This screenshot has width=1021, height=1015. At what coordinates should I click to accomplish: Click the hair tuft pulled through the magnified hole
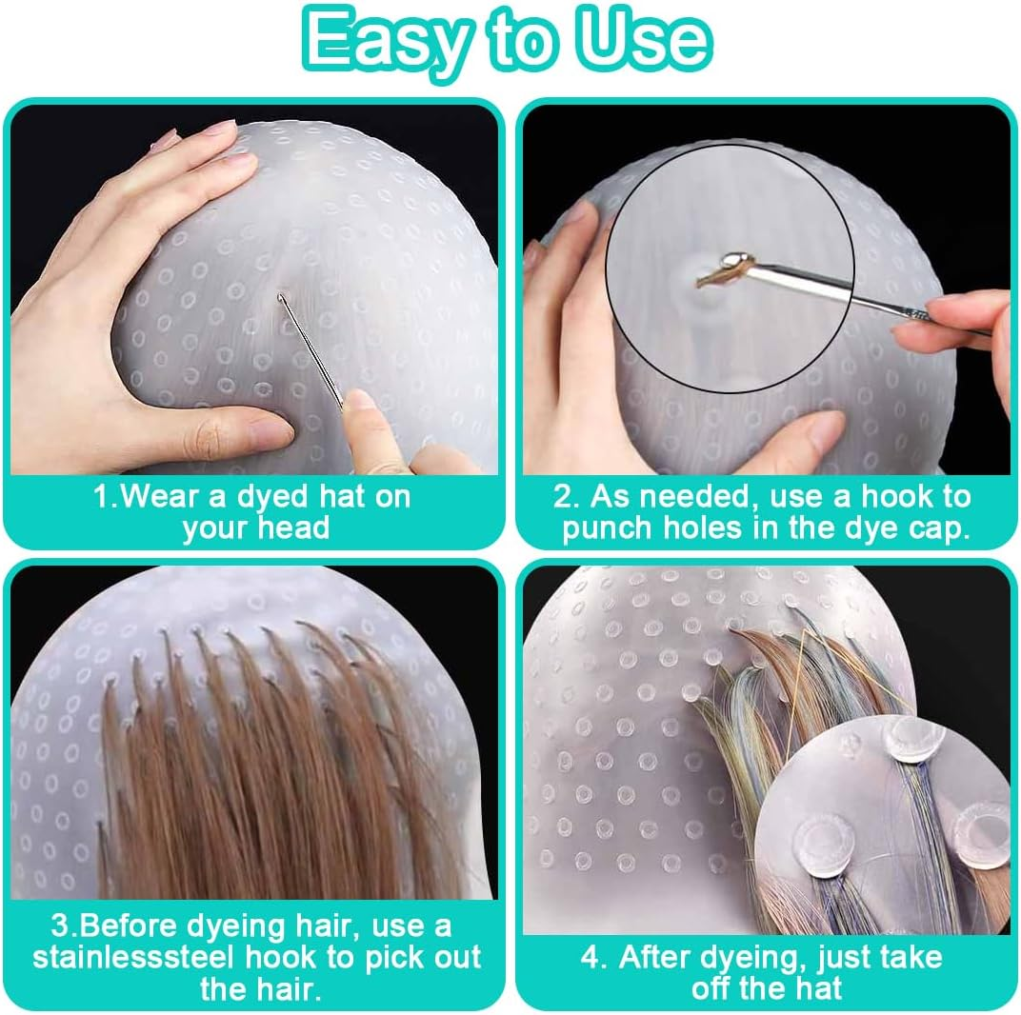tap(715, 276)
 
